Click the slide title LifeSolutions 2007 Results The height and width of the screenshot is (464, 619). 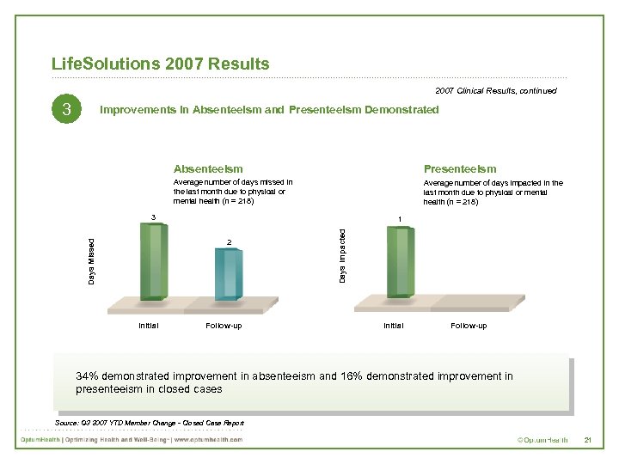(160, 64)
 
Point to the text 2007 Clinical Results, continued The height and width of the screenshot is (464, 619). (495, 90)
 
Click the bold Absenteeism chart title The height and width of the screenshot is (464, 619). (208, 169)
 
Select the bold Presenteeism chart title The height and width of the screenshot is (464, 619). (459, 169)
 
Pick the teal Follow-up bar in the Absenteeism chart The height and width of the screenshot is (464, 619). (229, 273)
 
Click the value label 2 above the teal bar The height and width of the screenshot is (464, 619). (229, 241)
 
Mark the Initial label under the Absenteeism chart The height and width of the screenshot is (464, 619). (148, 326)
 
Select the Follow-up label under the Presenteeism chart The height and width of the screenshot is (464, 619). (469, 326)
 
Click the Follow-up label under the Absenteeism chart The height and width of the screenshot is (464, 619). (224, 326)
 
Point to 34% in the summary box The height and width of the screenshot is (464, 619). (87, 376)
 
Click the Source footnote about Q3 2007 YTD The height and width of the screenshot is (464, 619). (149, 423)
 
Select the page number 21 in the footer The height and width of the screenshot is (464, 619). (588, 440)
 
